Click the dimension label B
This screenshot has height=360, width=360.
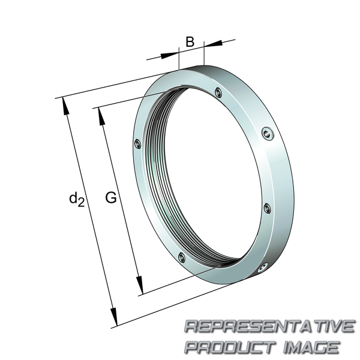point(190,42)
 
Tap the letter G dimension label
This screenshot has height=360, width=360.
point(111,197)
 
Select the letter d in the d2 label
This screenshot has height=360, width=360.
point(73,198)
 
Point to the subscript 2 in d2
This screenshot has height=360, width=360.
point(81,203)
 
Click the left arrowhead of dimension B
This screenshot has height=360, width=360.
point(170,55)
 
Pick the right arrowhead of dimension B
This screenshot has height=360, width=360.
point(213,43)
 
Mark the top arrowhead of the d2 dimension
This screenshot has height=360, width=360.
point(65,106)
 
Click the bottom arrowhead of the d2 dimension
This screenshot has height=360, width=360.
point(114,317)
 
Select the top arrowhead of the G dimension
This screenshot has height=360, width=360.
point(101,116)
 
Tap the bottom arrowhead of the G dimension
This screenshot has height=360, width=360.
point(140,285)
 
